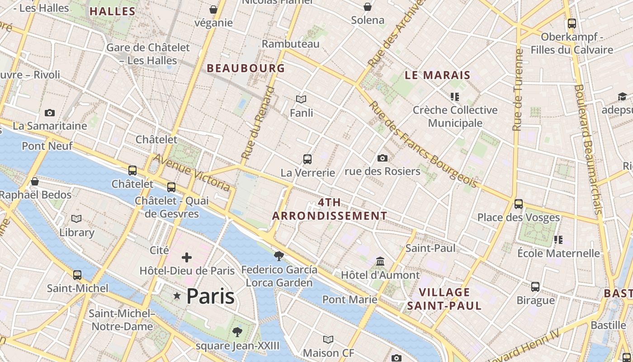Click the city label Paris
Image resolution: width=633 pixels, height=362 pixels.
210,296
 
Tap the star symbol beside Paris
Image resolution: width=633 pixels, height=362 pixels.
177,296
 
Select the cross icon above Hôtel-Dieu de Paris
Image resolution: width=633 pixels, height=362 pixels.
187,258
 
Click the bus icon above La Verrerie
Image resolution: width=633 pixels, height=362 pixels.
307,159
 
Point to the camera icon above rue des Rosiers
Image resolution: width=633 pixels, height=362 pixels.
382,158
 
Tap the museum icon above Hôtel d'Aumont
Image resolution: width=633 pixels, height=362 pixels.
380,262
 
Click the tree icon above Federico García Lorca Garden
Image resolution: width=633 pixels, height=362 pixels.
279,256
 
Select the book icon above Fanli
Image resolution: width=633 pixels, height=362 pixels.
301,99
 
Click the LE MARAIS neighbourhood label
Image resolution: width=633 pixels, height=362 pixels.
437,75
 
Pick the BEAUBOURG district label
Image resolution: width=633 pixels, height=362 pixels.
246,68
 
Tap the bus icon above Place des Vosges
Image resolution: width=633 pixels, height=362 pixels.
519,204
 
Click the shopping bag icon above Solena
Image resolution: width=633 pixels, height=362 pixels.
368,7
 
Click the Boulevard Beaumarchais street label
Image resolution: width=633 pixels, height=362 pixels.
588,149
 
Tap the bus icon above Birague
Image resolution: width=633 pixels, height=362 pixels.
535,286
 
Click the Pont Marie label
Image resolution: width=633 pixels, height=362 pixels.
350,299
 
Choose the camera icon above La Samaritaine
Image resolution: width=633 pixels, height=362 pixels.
50,113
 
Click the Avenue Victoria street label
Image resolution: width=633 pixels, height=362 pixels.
192,172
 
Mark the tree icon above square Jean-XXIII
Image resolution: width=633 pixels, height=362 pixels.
237,333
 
